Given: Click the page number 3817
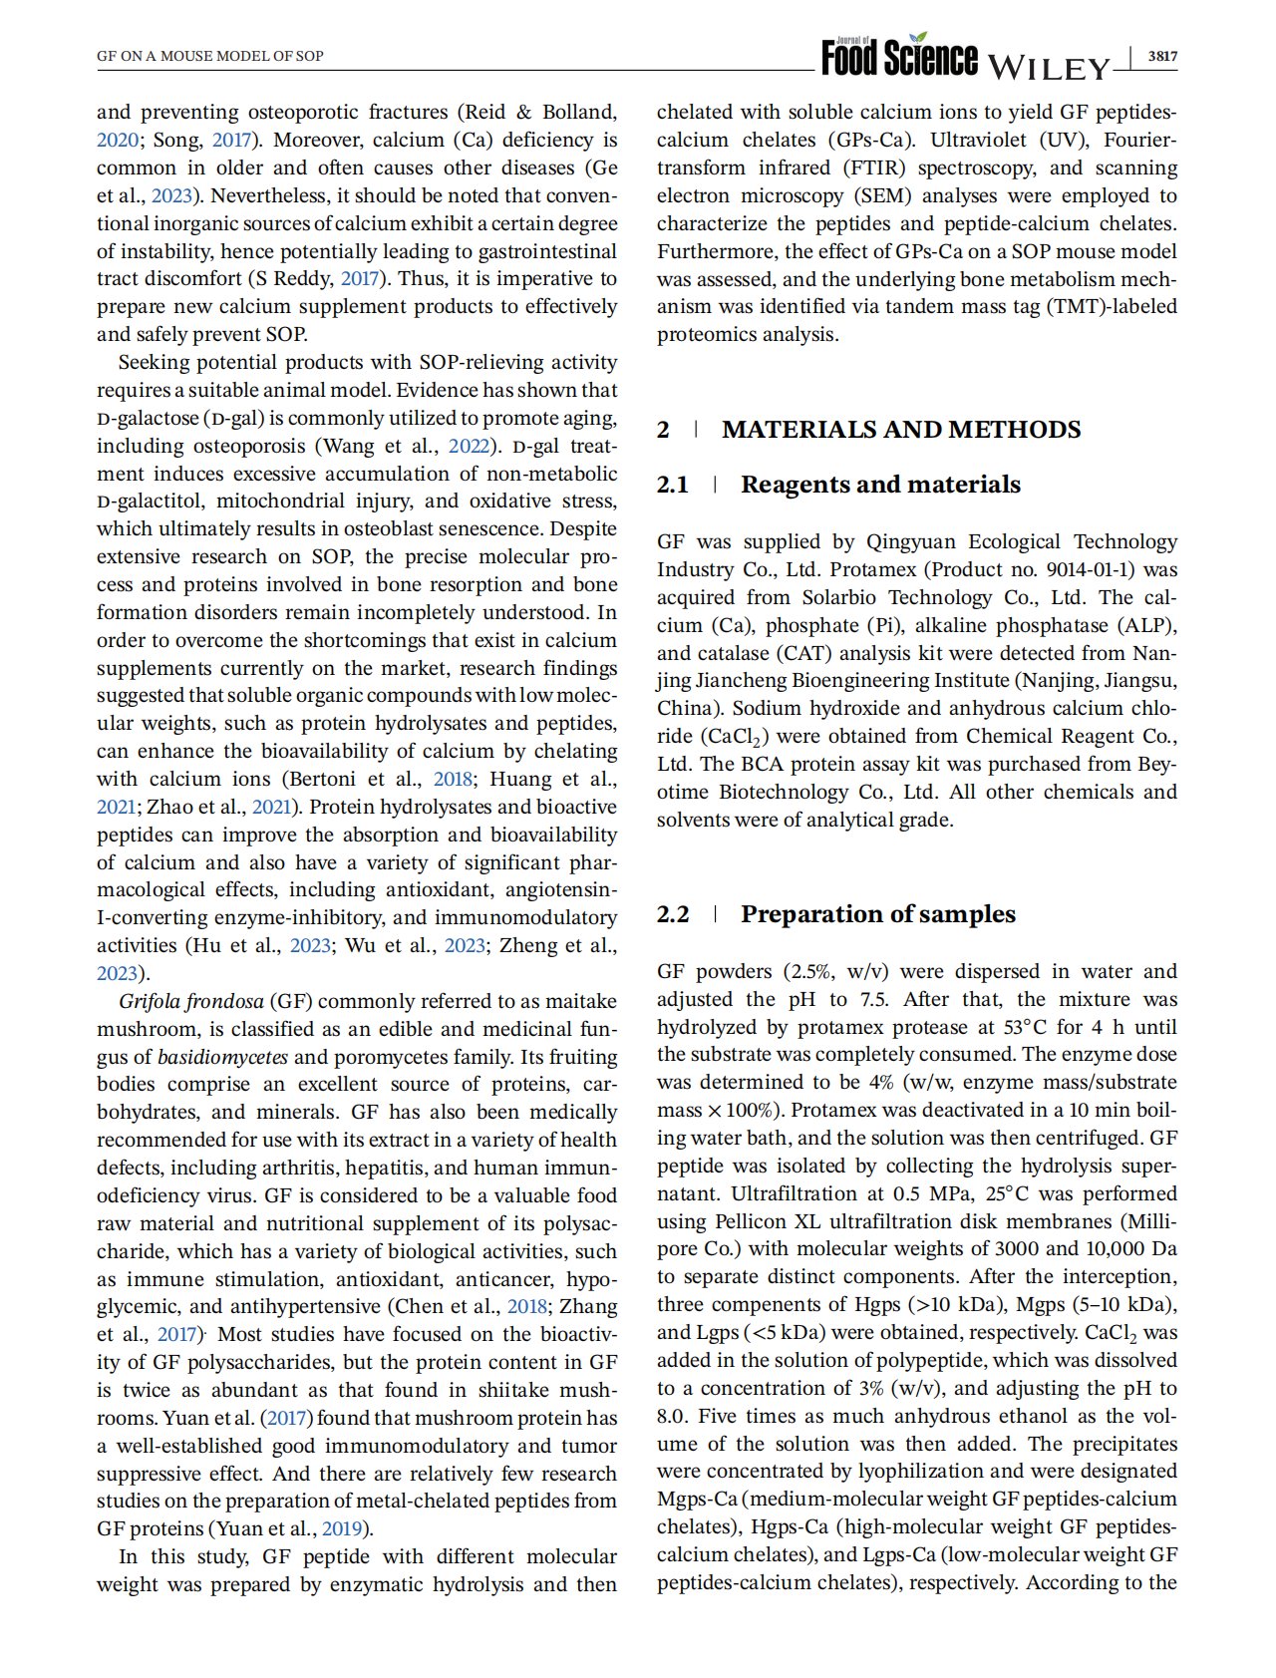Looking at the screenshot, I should pyautogui.click(x=1161, y=57).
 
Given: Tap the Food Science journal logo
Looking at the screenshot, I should pyautogui.click(x=899, y=57).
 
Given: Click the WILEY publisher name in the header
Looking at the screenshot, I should pyautogui.click(x=1049, y=68).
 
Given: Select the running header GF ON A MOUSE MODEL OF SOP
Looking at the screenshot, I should pyautogui.click(x=210, y=56).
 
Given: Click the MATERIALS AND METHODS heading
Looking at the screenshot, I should pyautogui.click(x=901, y=430).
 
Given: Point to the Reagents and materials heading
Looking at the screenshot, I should pyautogui.click(x=880, y=485).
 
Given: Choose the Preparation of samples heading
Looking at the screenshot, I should pyautogui.click(x=877, y=914).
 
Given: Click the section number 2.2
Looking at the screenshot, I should pyautogui.click(x=673, y=914).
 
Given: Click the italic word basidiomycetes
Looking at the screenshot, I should pyautogui.click(x=222, y=1057).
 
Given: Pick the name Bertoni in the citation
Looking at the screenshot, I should pyautogui.click(x=324, y=780).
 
